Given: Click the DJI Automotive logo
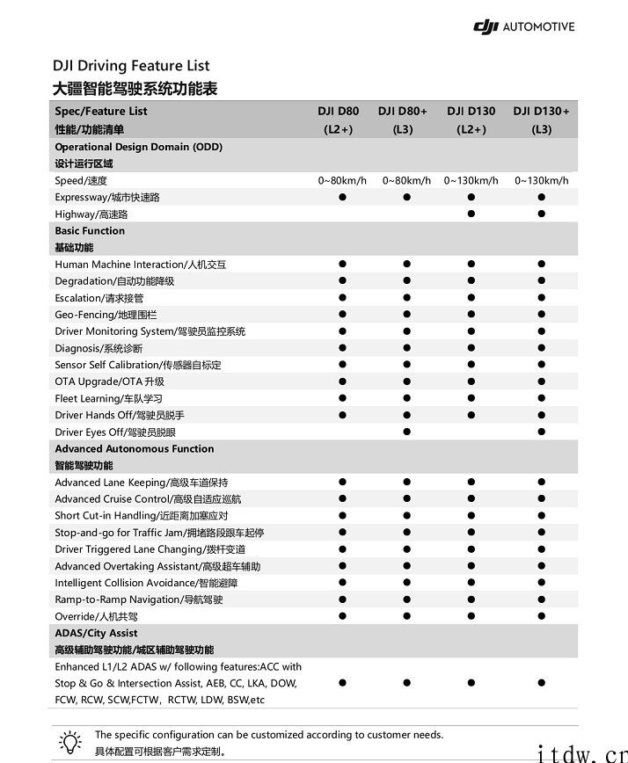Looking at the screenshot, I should click(x=523, y=27).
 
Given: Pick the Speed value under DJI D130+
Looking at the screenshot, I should click(x=541, y=180).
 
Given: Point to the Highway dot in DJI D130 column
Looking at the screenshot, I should click(x=471, y=214).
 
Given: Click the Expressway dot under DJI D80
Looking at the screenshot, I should click(x=342, y=197).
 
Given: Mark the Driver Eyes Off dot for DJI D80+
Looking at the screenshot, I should click(x=406, y=432).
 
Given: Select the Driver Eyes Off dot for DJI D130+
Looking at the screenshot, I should click(x=541, y=432).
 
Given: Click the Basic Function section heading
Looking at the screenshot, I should click(x=90, y=231).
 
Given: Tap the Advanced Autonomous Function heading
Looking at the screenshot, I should click(x=135, y=449).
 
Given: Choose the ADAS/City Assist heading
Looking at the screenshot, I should click(x=96, y=633).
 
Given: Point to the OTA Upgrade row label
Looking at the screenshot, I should click(x=109, y=381).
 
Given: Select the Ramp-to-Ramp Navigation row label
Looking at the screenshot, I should click(x=139, y=599).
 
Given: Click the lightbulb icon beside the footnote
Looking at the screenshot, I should click(x=69, y=740).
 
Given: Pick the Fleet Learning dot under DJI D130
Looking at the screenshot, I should click(x=471, y=398).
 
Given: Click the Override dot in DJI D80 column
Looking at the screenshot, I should click(x=342, y=616).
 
